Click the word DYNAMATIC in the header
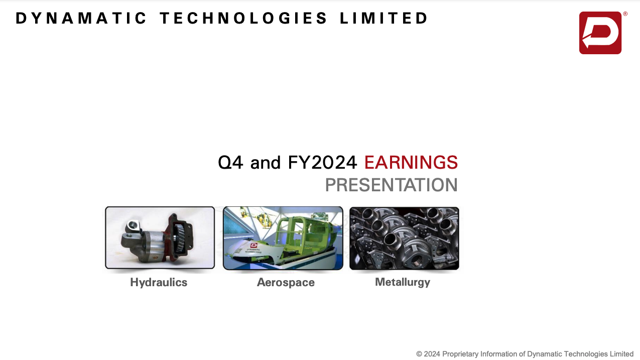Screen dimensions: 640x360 tap(81, 18)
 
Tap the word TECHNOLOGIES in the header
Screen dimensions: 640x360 tap(243, 18)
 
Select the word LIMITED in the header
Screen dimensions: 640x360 tap(383, 18)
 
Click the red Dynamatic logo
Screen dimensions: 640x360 tap(600, 33)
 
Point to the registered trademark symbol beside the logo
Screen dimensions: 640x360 tap(625, 14)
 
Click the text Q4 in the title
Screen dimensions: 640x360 tap(230, 163)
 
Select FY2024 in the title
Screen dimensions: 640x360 tap(322, 163)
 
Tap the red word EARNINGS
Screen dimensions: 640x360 tap(411, 163)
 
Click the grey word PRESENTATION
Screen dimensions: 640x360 tap(392, 185)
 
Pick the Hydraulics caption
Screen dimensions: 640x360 tap(159, 283)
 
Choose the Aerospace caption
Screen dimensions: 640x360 tap(286, 283)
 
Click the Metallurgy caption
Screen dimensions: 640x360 tap(403, 282)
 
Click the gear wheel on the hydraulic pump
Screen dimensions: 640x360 tap(180, 237)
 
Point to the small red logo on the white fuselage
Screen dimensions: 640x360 tap(253, 246)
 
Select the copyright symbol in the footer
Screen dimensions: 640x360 tap(419, 354)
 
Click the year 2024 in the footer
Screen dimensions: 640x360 tap(432, 354)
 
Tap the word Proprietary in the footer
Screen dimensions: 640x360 tap(460, 354)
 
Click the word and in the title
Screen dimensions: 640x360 tap(266, 163)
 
